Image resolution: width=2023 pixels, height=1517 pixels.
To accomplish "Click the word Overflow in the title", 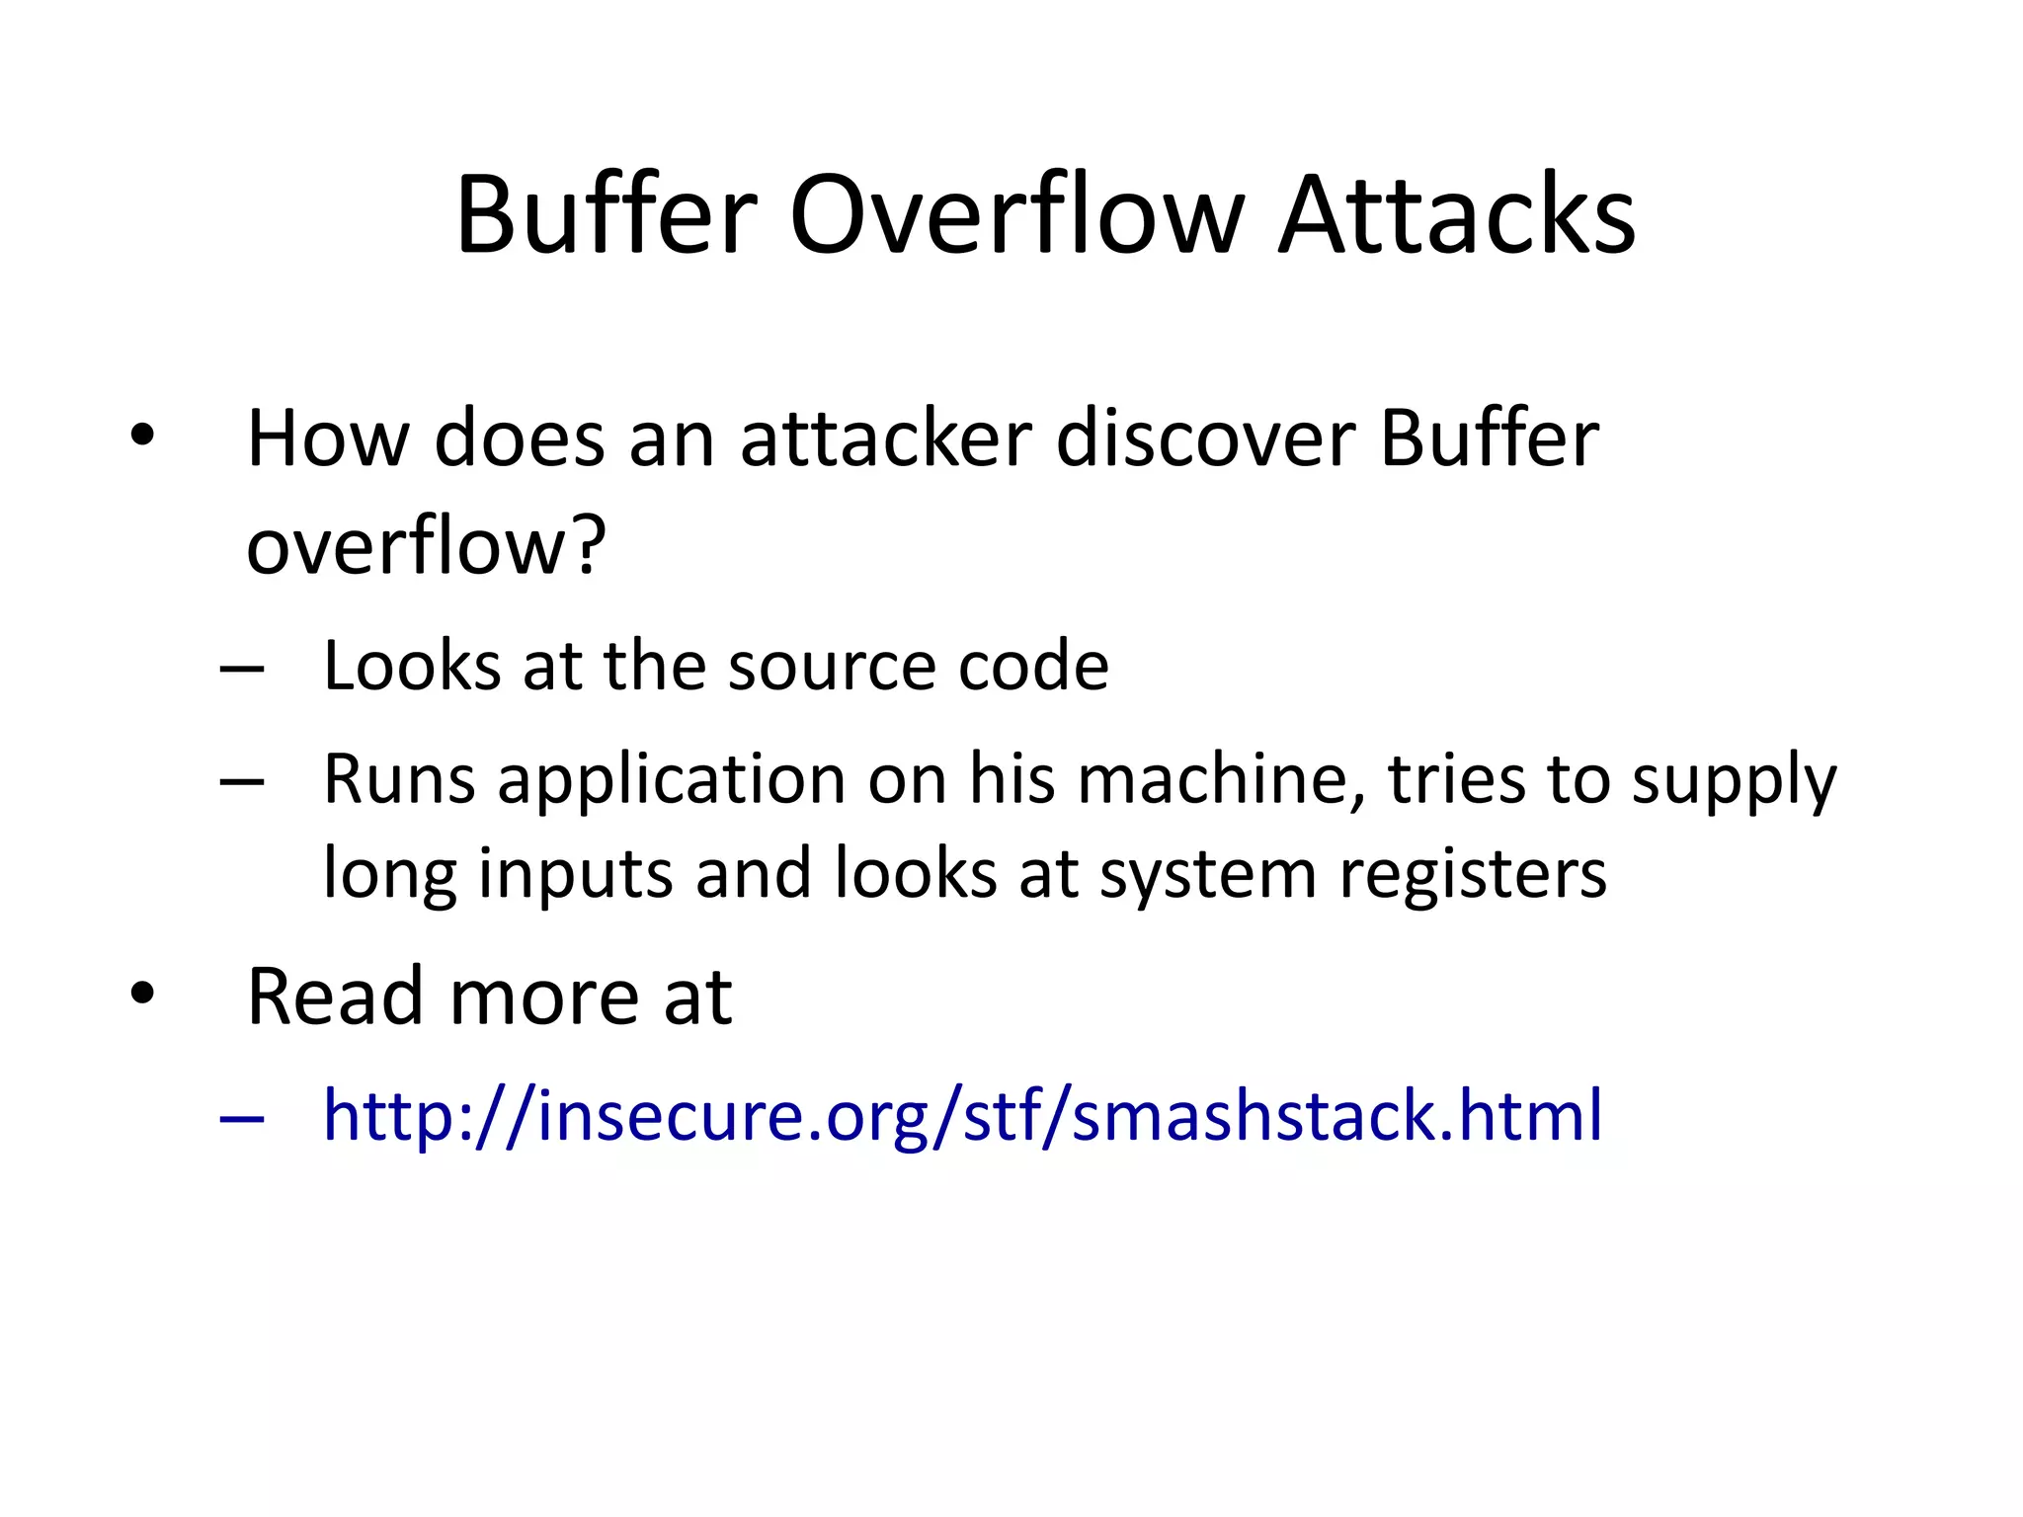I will [1016, 215].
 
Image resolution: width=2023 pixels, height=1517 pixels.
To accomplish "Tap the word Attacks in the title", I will [1457, 215].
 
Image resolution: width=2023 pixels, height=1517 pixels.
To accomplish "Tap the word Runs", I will [400, 779].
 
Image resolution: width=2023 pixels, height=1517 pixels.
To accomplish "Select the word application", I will [672, 781].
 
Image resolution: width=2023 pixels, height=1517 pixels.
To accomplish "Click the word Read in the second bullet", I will [337, 997].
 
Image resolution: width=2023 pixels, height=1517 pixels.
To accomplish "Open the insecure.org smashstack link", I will [963, 1116].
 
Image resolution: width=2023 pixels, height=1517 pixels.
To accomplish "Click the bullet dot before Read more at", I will [142, 994].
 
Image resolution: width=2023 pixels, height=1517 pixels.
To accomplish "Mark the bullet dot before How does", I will [142, 436].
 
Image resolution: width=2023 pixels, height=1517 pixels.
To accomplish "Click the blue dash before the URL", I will [242, 1119].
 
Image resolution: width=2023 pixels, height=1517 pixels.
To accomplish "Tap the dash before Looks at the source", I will [242, 670].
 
